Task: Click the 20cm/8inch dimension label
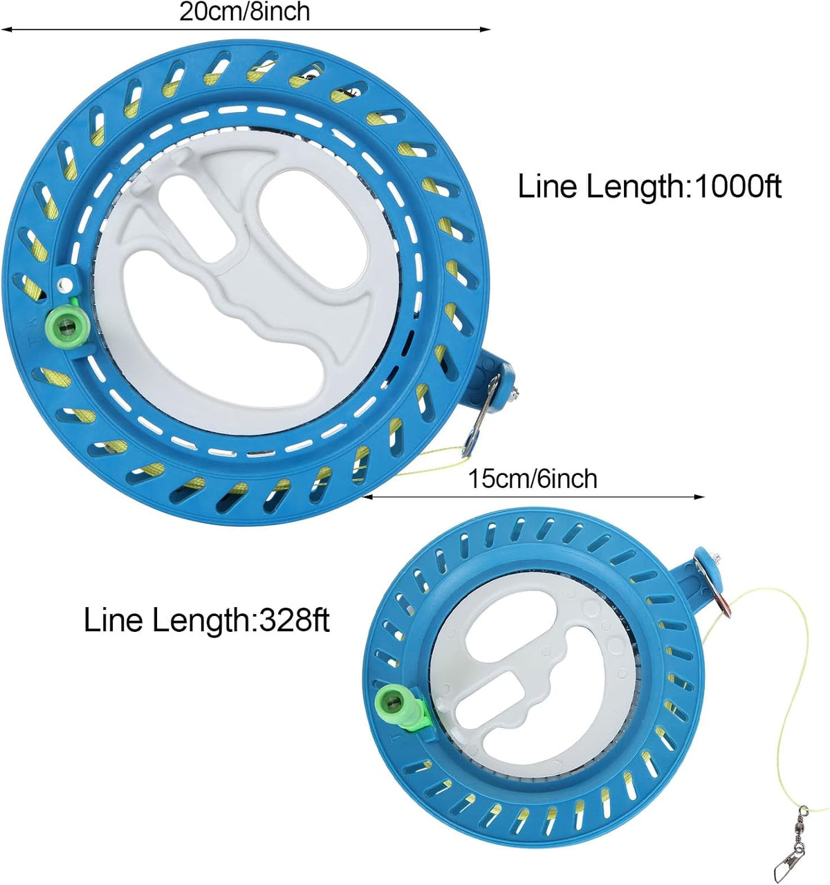point(244,12)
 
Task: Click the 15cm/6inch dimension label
point(533,479)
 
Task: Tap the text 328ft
point(294,619)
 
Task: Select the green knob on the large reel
point(67,325)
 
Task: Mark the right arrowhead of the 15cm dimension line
point(699,496)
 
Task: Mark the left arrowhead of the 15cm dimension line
point(369,496)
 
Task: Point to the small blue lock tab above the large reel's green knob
point(66,280)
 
